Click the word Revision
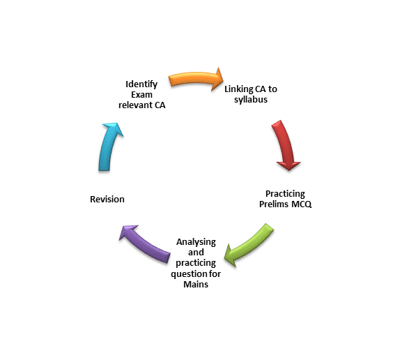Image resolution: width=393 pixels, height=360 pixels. (x=107, y=200)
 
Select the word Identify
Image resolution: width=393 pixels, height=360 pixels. (x=141, y=84)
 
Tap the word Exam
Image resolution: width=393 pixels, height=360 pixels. (x=141, y=95)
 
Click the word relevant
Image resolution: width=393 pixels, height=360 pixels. (x=135, y=105)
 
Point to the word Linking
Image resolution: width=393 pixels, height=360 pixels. (x=238, y=89)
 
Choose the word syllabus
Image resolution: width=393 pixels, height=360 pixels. (x=251, y=100)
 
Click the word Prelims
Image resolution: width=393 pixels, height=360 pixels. (x=274, y=204)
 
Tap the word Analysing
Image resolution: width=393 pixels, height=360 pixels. (x=196, y=242)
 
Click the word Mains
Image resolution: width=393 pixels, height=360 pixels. (x=196, y=284)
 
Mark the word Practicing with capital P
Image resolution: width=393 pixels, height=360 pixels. (x=285, y=194)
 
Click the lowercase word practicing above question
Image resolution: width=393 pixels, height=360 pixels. (x=196, y=264)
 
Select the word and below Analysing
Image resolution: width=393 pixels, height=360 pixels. (x=196, y=253)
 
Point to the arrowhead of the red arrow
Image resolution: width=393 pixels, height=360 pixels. (x=288, y=166)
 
